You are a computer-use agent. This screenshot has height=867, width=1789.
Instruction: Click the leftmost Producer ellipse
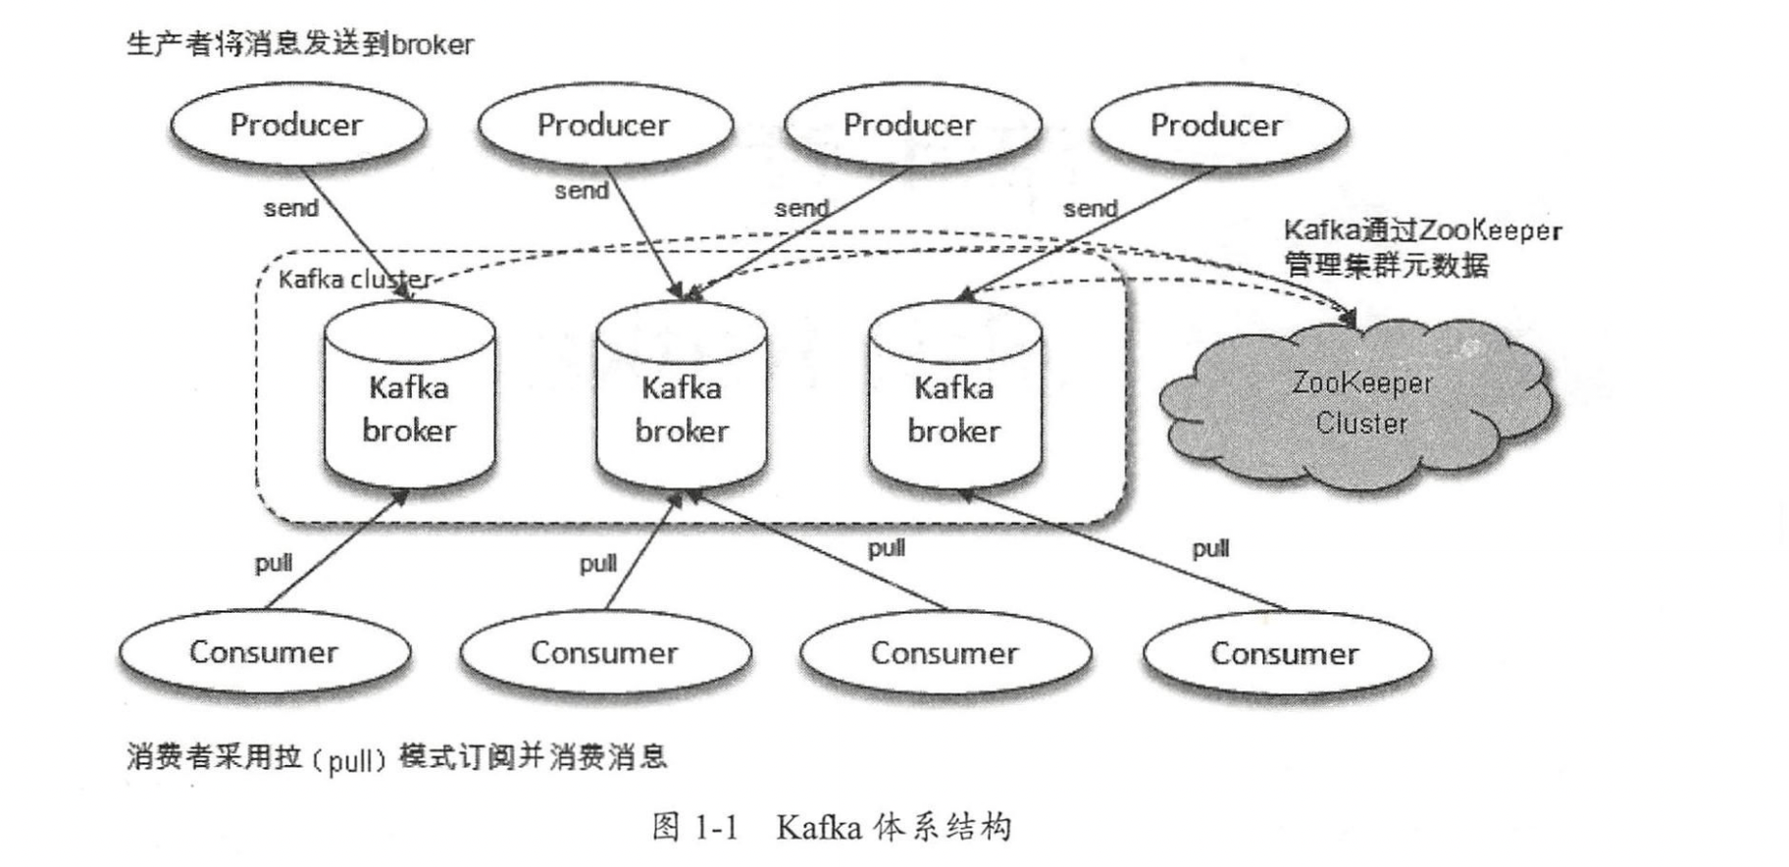tap(297, 125)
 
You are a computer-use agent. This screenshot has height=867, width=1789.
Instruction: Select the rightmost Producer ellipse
tap(1217, 125)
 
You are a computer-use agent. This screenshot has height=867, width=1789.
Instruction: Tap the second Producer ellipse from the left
tap(604, 125)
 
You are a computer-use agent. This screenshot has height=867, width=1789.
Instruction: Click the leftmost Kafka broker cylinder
tap(409, 397)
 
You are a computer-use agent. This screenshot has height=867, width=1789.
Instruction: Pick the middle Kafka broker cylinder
tap(682, 397)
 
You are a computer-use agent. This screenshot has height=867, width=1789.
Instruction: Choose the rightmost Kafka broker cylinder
tap(954, 397)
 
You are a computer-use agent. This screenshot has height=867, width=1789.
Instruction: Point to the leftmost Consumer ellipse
tap(264, 652)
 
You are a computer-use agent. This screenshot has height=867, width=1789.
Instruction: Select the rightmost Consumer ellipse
tap(1285, 653)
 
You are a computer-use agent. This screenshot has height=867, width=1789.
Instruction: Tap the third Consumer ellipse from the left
tap(945, 653)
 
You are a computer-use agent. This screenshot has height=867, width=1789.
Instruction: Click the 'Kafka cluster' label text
tap(354, 280)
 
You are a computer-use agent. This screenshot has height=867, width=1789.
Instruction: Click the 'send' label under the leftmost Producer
tap(290, 208)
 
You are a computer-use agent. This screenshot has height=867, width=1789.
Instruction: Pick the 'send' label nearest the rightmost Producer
tap(1090, 208)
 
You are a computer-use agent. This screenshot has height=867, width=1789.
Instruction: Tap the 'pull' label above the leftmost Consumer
tap(274, 563)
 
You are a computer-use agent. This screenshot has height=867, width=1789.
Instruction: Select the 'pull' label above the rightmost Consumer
tap(1210, 548)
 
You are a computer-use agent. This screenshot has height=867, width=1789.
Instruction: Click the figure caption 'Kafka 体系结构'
tap(893, 828)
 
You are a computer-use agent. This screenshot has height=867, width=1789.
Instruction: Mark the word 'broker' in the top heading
tap(433, 45)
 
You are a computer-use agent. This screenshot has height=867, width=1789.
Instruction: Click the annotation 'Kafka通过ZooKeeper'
tap(1421, 230)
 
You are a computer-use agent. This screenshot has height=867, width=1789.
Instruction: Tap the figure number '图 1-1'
tap(694, 828)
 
